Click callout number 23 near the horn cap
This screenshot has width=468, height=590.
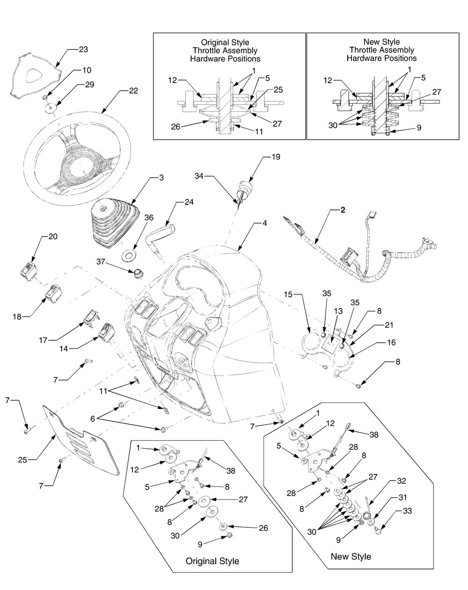[83, 49]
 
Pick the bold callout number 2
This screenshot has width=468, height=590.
[343, 210]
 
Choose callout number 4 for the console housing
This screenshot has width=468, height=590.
[264, 223]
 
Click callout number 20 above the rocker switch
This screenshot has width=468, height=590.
[53, 237]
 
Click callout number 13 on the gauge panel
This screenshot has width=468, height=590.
[338, 311]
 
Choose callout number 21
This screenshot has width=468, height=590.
[389, 325]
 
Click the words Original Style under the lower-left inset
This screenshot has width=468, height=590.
[212, 561]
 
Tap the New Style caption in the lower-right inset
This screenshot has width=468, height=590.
[351, 556]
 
